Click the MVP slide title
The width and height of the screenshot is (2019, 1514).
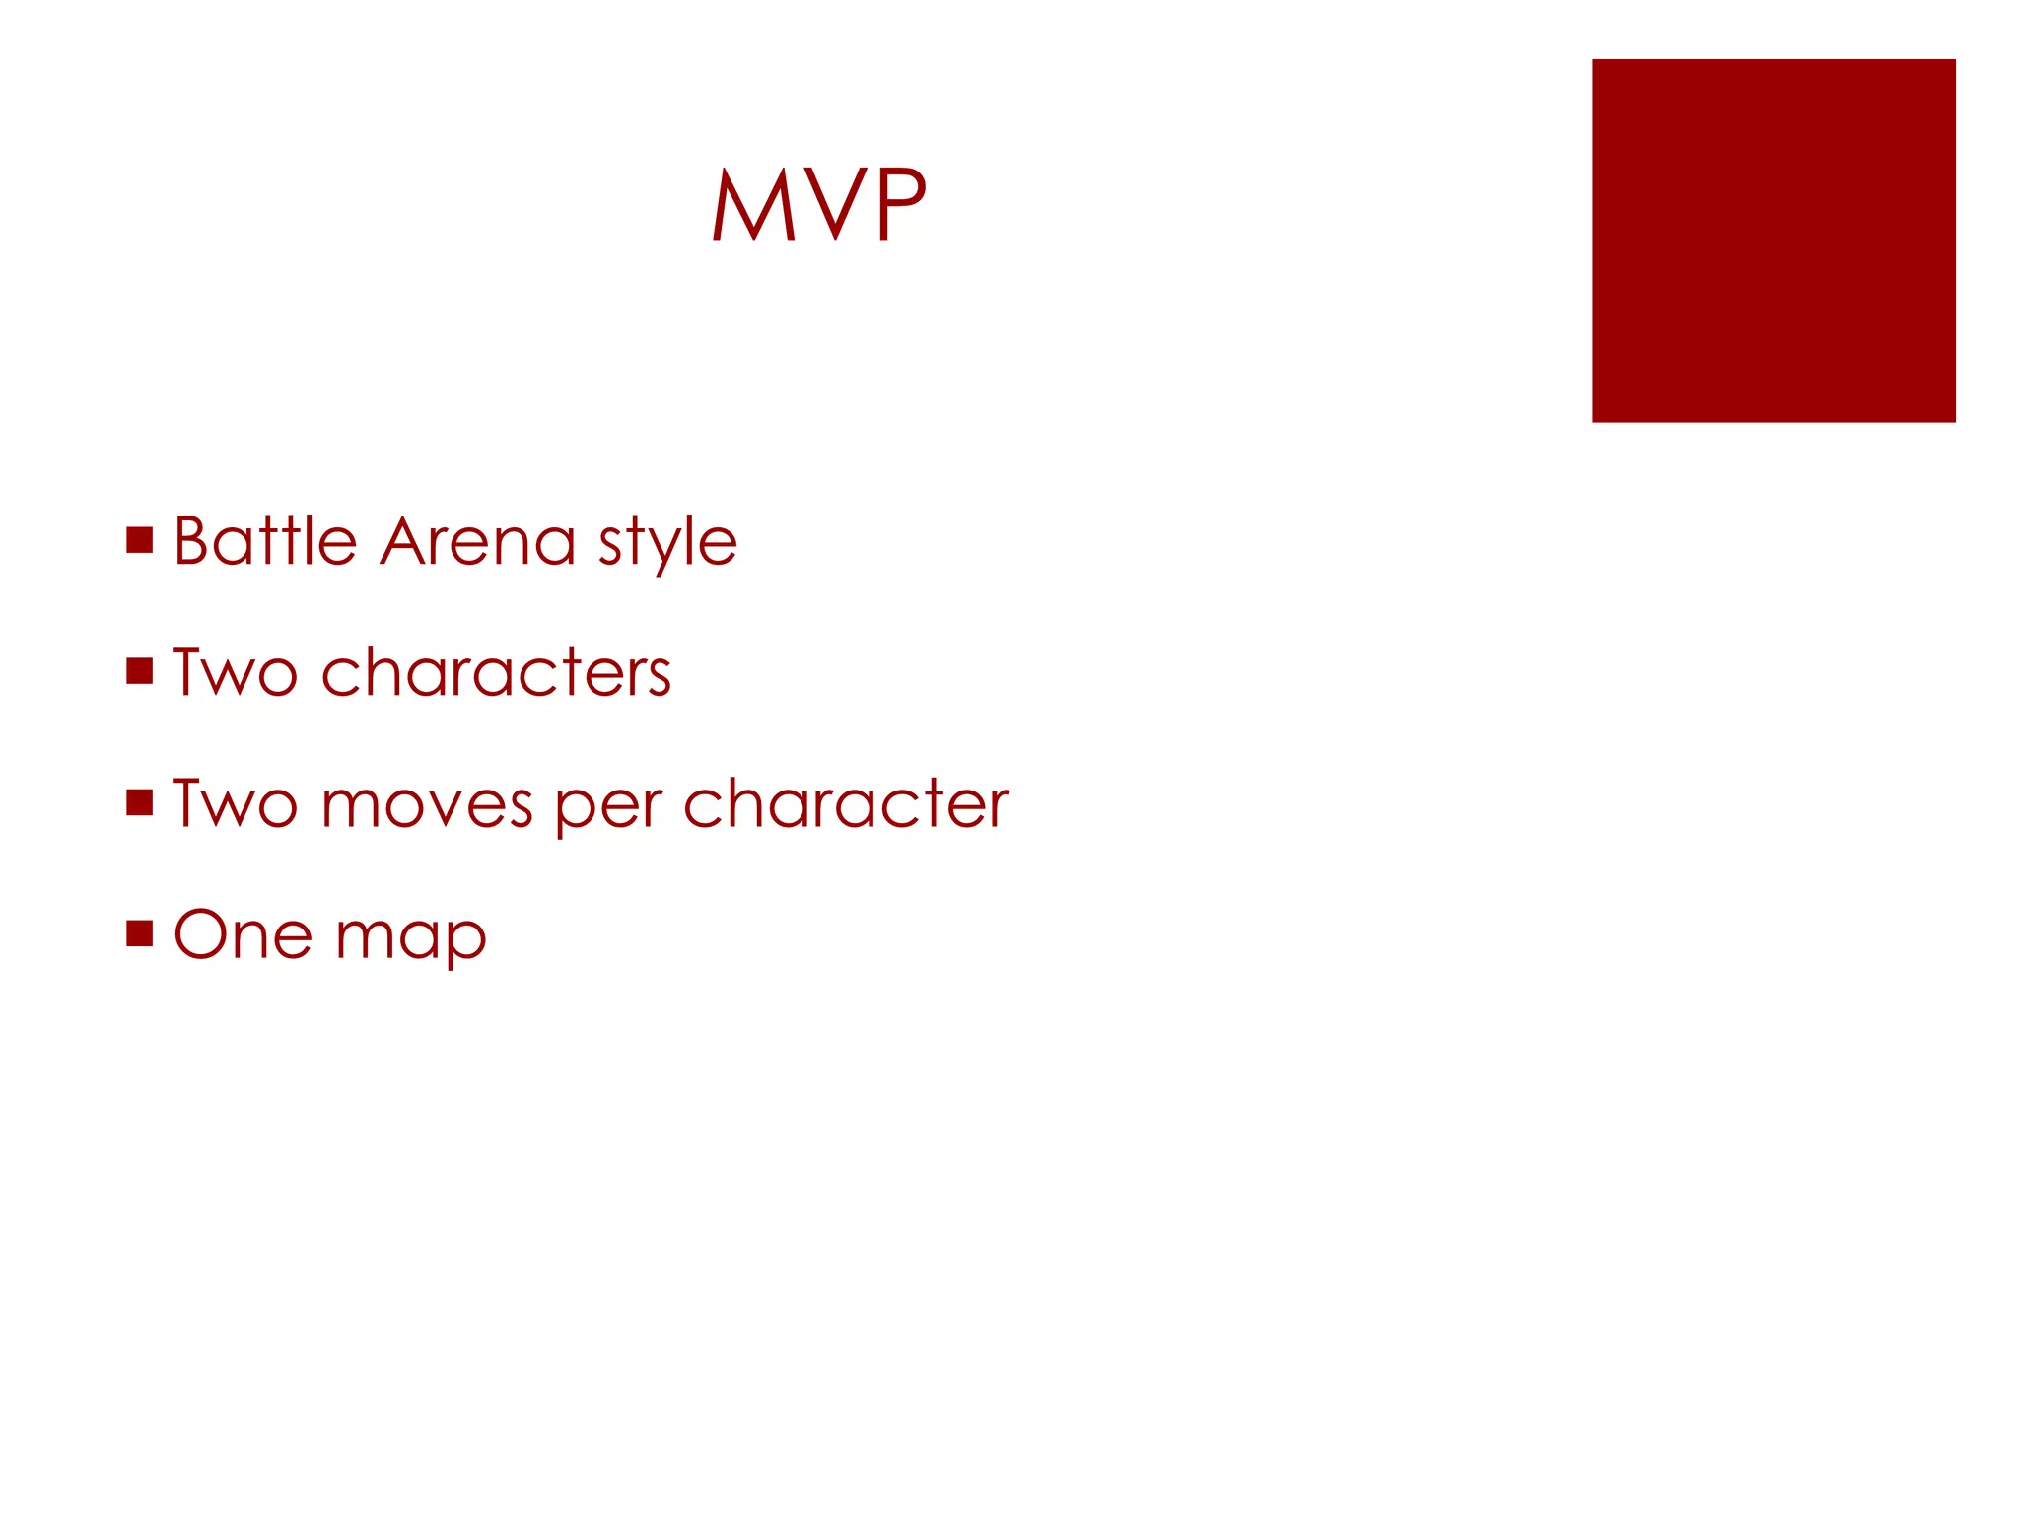tap(819, 204)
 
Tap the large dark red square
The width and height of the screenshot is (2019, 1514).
tap(1773, 241)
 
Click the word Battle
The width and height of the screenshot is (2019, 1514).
tap(264, 541)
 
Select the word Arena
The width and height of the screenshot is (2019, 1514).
tap(477, 541)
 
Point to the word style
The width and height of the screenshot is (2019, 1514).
tap(667, 543)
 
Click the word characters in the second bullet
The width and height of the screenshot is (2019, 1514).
tap(496, 673)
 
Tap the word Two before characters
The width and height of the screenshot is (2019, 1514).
tap(235, 672)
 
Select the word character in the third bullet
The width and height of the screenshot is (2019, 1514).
tap(846, 803)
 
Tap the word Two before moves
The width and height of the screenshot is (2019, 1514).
tap(235, 803)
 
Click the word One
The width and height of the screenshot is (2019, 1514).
tap(243, 934)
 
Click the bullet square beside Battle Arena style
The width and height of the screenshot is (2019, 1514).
tap(140, 540)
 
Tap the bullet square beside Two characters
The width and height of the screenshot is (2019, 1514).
tap(140, 671)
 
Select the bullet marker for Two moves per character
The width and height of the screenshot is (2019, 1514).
tap(140, 802)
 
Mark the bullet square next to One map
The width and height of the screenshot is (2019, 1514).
tap(140, 933)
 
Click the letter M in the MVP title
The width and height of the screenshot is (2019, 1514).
tap(753, 204)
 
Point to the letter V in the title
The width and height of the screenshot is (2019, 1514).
tap(835, 204)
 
